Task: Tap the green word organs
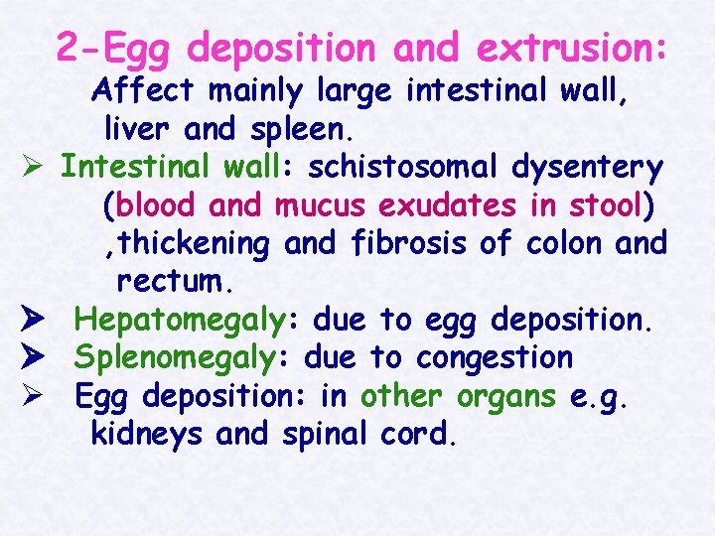(x=506, y=395)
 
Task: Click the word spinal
(x=325, y=434)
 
